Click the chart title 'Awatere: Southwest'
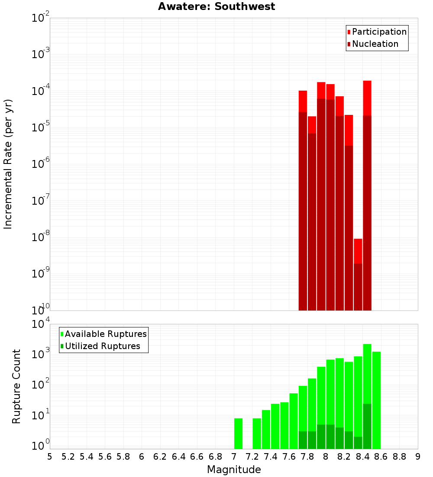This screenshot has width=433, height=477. pyautogui.click(x=216, y=7)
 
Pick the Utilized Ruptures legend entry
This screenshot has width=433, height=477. pyautogui.click(x=102, y=346)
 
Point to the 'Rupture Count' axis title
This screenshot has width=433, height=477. pyautogui.click(x=16, y=386)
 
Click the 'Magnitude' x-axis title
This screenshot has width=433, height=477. pyautogui.click(x=234, y=469)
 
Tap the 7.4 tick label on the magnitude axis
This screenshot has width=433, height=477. pyautogui.click(x=271, y=456)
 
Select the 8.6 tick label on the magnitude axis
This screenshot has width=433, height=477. pyautogui.click(x=381, y=456)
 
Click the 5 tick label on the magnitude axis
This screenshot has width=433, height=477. pyautogui.click(x=50, y=456)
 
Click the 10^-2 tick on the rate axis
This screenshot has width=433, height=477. pyautogui.click(x=42, y=18)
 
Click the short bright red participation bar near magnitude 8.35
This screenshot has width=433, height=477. pyautogui.click(x=358, y=251)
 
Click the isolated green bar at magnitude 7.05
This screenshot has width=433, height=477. pyautogui.click(x=238, y=433)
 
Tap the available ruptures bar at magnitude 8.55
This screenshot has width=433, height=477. pyautogui.click(x=376, y=399)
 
